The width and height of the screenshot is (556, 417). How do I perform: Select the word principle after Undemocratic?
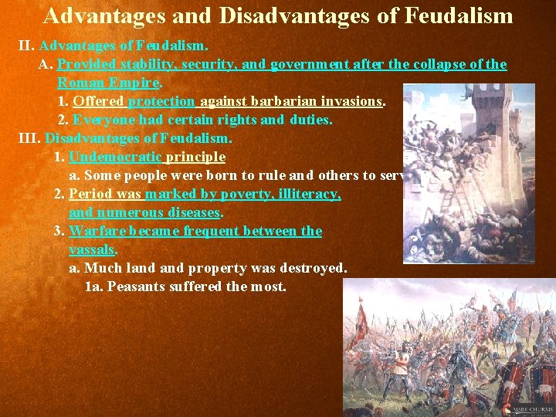[x=196, y=157]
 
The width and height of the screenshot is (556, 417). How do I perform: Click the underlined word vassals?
[x=91, y=249]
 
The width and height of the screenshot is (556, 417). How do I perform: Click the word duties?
[x=311, y=120]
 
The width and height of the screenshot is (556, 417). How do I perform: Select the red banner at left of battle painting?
[x=358, y=324]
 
